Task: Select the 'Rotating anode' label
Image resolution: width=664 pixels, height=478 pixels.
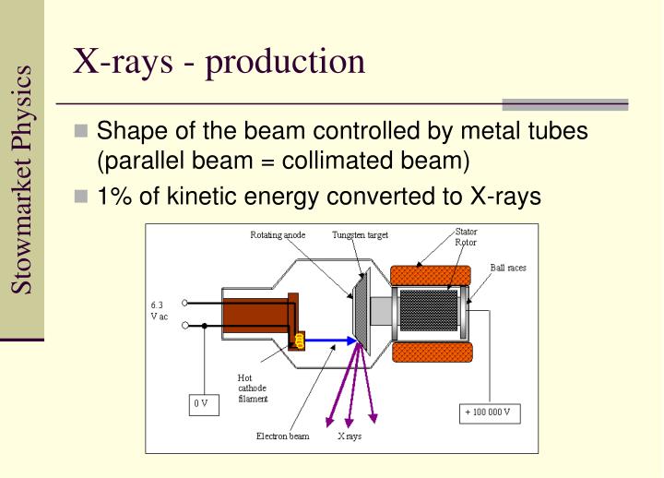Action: (277, 235)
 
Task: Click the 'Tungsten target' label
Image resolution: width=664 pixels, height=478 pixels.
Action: (360, 235)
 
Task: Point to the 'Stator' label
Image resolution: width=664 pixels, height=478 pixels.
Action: (467, 232)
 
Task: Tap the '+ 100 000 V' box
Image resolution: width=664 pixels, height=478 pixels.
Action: (490, 412)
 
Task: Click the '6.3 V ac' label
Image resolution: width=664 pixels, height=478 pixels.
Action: (159, 311)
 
